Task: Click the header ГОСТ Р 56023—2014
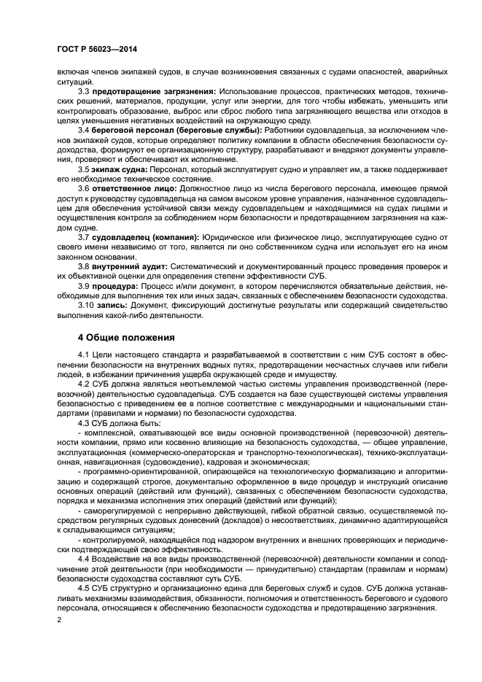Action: coord(97,49)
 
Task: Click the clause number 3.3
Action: coord(83,91)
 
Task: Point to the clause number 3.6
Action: coord(83,188)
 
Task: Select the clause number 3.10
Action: coord(85,305)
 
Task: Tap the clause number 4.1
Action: coord(83,354)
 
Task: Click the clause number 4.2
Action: coord(83,383)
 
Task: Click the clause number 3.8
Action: coord(83,266)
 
